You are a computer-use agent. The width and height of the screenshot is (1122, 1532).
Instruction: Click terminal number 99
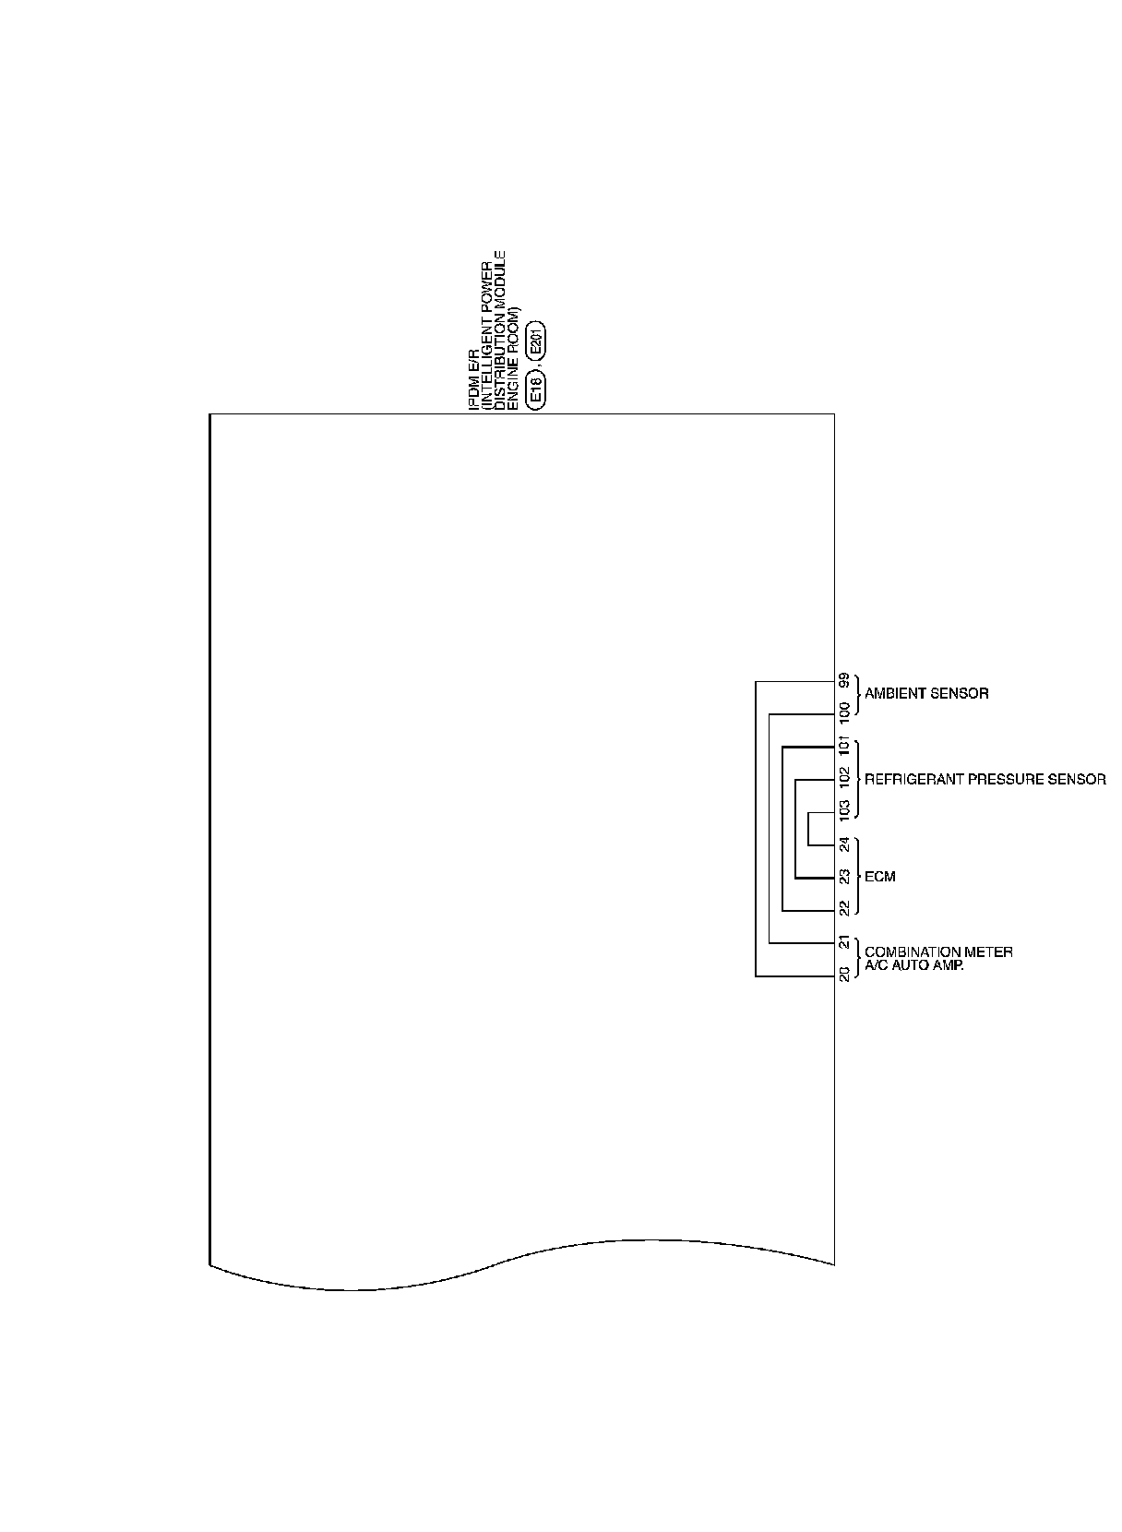pos(844,681)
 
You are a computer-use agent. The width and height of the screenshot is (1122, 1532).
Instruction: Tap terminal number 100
pos(844,712)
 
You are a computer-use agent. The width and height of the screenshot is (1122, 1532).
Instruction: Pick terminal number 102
pos(844,777)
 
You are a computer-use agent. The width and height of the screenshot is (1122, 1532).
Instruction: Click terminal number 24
pos(844,844)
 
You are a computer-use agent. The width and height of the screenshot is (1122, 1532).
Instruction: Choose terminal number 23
pos(844,877)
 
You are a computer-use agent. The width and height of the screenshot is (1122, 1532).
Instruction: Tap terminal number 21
pos(844,942)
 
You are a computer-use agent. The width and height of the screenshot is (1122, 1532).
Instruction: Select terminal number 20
pos(844,974)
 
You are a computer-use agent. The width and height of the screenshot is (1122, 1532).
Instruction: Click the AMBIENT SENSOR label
pos(926,694)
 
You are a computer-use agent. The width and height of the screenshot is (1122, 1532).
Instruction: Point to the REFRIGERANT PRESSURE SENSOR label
pos(985,780)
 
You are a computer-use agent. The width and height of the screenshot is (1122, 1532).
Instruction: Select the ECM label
pos(880,877)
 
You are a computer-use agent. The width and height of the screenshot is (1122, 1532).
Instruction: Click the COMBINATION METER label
pos(938,952)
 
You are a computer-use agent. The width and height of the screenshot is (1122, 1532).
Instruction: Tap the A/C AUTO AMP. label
pos(913,965)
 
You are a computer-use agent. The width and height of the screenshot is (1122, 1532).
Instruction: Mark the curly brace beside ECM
pos(857,877)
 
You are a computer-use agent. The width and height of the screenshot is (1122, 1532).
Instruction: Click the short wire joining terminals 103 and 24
pos(808,828)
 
